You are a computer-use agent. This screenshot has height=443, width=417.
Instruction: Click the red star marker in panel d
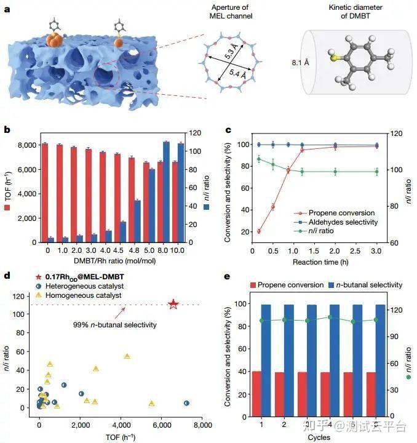point(173,304)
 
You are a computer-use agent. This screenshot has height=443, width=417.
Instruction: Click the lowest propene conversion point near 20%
point(259,231)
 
